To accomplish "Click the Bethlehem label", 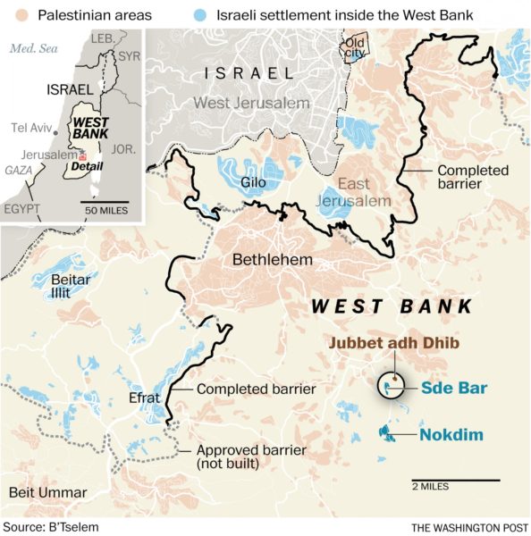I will [x=273, y=260].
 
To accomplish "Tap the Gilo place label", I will [x=255, y=183].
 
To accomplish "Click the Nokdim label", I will [x=451, y=435].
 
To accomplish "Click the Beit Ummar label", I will [x=48, y=493].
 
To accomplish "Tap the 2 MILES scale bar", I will [x=456, y=481].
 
